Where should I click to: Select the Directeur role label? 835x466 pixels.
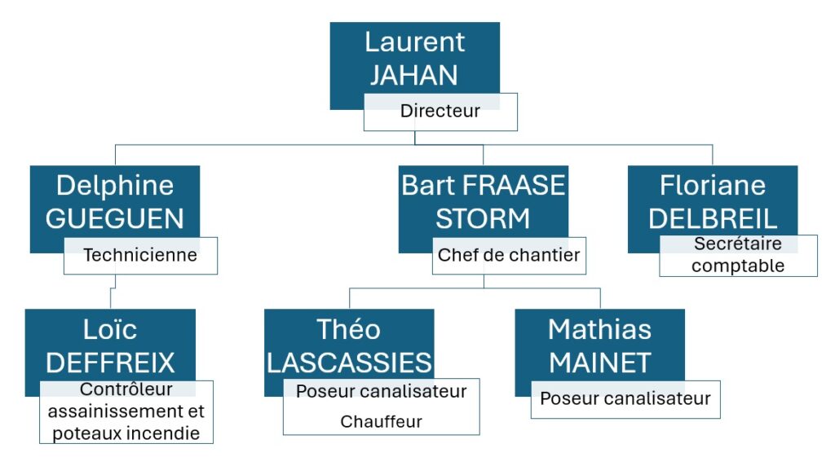pyautogui.click(x=440, y=112)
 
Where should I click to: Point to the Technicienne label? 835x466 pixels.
pyautogui.click(x=140, y=255)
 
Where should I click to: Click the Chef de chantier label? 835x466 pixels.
pyautogui.click(x=509, y=255)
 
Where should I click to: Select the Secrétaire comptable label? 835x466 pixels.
pyautogui.click(x=738, y=255)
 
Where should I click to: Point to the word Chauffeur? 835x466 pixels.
pyautogui.click(x=381, y=421)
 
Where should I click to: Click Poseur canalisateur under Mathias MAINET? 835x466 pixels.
pyautogui.click(x=625, y=398)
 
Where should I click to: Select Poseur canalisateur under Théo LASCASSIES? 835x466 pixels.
pyautogui.click(x=381, y=391)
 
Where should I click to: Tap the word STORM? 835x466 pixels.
pyautogui.click(x=483, y=218)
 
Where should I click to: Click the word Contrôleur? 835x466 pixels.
pyautogui.click(x=126, y=390)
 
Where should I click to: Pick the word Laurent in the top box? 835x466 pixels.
pyautogui.click(x=414, y=42)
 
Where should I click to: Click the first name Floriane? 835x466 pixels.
pyautogui.click(x=713, y=185)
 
